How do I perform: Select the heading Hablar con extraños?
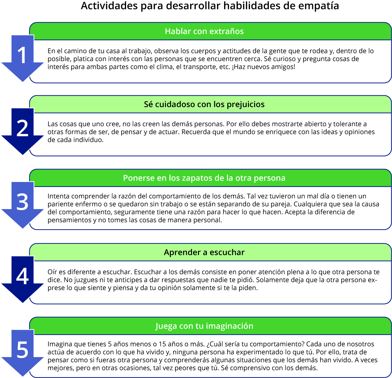pyautogui.click(x=204, y=31)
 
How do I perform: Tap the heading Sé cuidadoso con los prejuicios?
pyautogui.click(x=204, y=104)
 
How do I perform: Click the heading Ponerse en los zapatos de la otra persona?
pyautogui.click(x=204, y=178)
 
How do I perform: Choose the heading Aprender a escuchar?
pyautogui.click(x=204, y=252)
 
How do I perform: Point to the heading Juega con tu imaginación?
pyautogui.click(x=204, y=326)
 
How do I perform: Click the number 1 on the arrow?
pyautogui.click(x=22, y=55)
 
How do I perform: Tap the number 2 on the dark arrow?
pyautogui.click(x=22, y=128)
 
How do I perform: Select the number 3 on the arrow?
pyautogui.click(x=22, y=202)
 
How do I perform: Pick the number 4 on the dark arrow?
pyautogui.click(x=22, y=276)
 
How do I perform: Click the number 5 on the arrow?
pyautogui.click(x=22, y=350)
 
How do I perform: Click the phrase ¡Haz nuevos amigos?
pyautogui.click(x=264, y=67)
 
